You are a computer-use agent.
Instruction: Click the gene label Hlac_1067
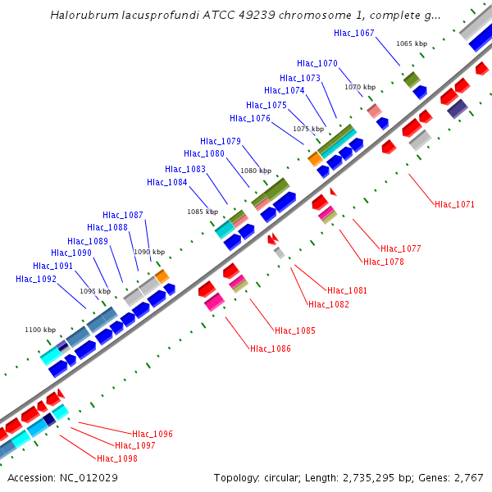(354, 33)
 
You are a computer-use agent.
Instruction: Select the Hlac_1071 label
(454, 204)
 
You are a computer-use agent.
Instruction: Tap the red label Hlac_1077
(400, 248)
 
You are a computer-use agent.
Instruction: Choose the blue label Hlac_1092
(36, 279)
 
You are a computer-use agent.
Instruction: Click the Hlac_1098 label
(117, 458)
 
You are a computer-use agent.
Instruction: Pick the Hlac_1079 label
(221, 141)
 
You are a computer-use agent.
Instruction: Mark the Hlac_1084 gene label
(167, 182)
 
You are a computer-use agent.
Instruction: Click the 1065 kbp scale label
(412, 43)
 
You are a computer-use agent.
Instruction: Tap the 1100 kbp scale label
(40, 330)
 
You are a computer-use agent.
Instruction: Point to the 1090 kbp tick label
(149, 252)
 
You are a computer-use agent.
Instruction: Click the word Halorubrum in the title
(84, 15)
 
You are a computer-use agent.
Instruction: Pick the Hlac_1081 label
(347, 290)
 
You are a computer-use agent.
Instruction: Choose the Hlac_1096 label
(152, 434)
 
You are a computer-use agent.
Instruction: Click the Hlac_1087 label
(123, 215)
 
